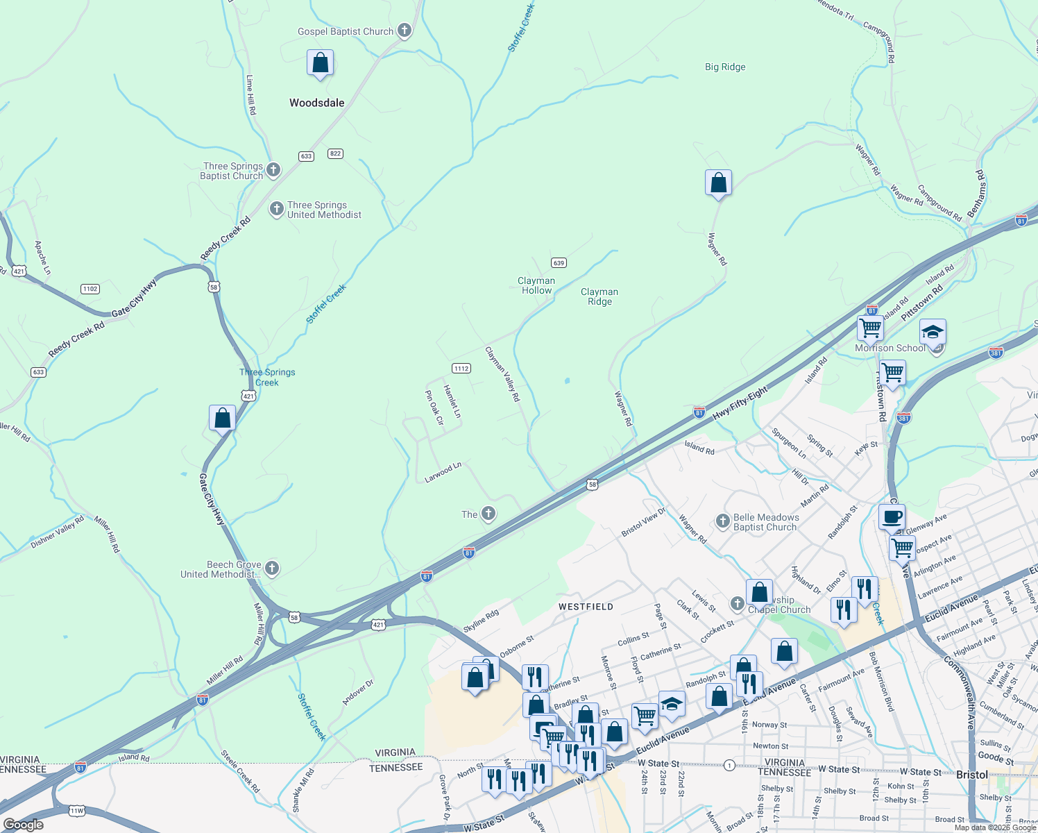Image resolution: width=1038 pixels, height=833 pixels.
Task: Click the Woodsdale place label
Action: (316, 103)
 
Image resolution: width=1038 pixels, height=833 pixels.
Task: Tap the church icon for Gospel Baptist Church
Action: (405, 31)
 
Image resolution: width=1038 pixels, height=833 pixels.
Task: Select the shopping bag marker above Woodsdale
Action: (320, 63)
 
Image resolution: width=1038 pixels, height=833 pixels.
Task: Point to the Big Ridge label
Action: (725, 67)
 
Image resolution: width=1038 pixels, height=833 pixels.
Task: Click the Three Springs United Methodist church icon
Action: (276, 209)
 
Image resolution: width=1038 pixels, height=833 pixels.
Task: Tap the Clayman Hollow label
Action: (536, 286)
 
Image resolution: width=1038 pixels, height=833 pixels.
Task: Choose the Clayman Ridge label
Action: (599, 297)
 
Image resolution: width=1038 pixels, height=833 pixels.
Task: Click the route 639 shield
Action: (559, 263)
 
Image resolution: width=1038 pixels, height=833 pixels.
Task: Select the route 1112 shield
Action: (461, 369)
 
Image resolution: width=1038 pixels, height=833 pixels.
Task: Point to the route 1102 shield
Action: (90, 289)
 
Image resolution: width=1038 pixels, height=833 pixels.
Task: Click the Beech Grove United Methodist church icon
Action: (272, 569)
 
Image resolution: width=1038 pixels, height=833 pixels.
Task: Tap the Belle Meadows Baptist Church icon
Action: (722, 521)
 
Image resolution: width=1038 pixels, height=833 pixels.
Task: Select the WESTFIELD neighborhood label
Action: (586, 607)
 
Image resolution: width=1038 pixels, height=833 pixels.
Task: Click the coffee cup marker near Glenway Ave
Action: (892, 517)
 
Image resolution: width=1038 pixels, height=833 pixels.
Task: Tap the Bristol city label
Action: (971, 775)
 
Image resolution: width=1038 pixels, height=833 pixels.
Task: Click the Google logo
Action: (23, 825)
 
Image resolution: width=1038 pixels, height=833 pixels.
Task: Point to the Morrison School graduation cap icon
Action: (933, 332)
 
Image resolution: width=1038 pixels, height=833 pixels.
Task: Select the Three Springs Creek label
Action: (267, 378)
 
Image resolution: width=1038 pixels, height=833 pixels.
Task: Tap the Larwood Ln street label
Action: (443, 473)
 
